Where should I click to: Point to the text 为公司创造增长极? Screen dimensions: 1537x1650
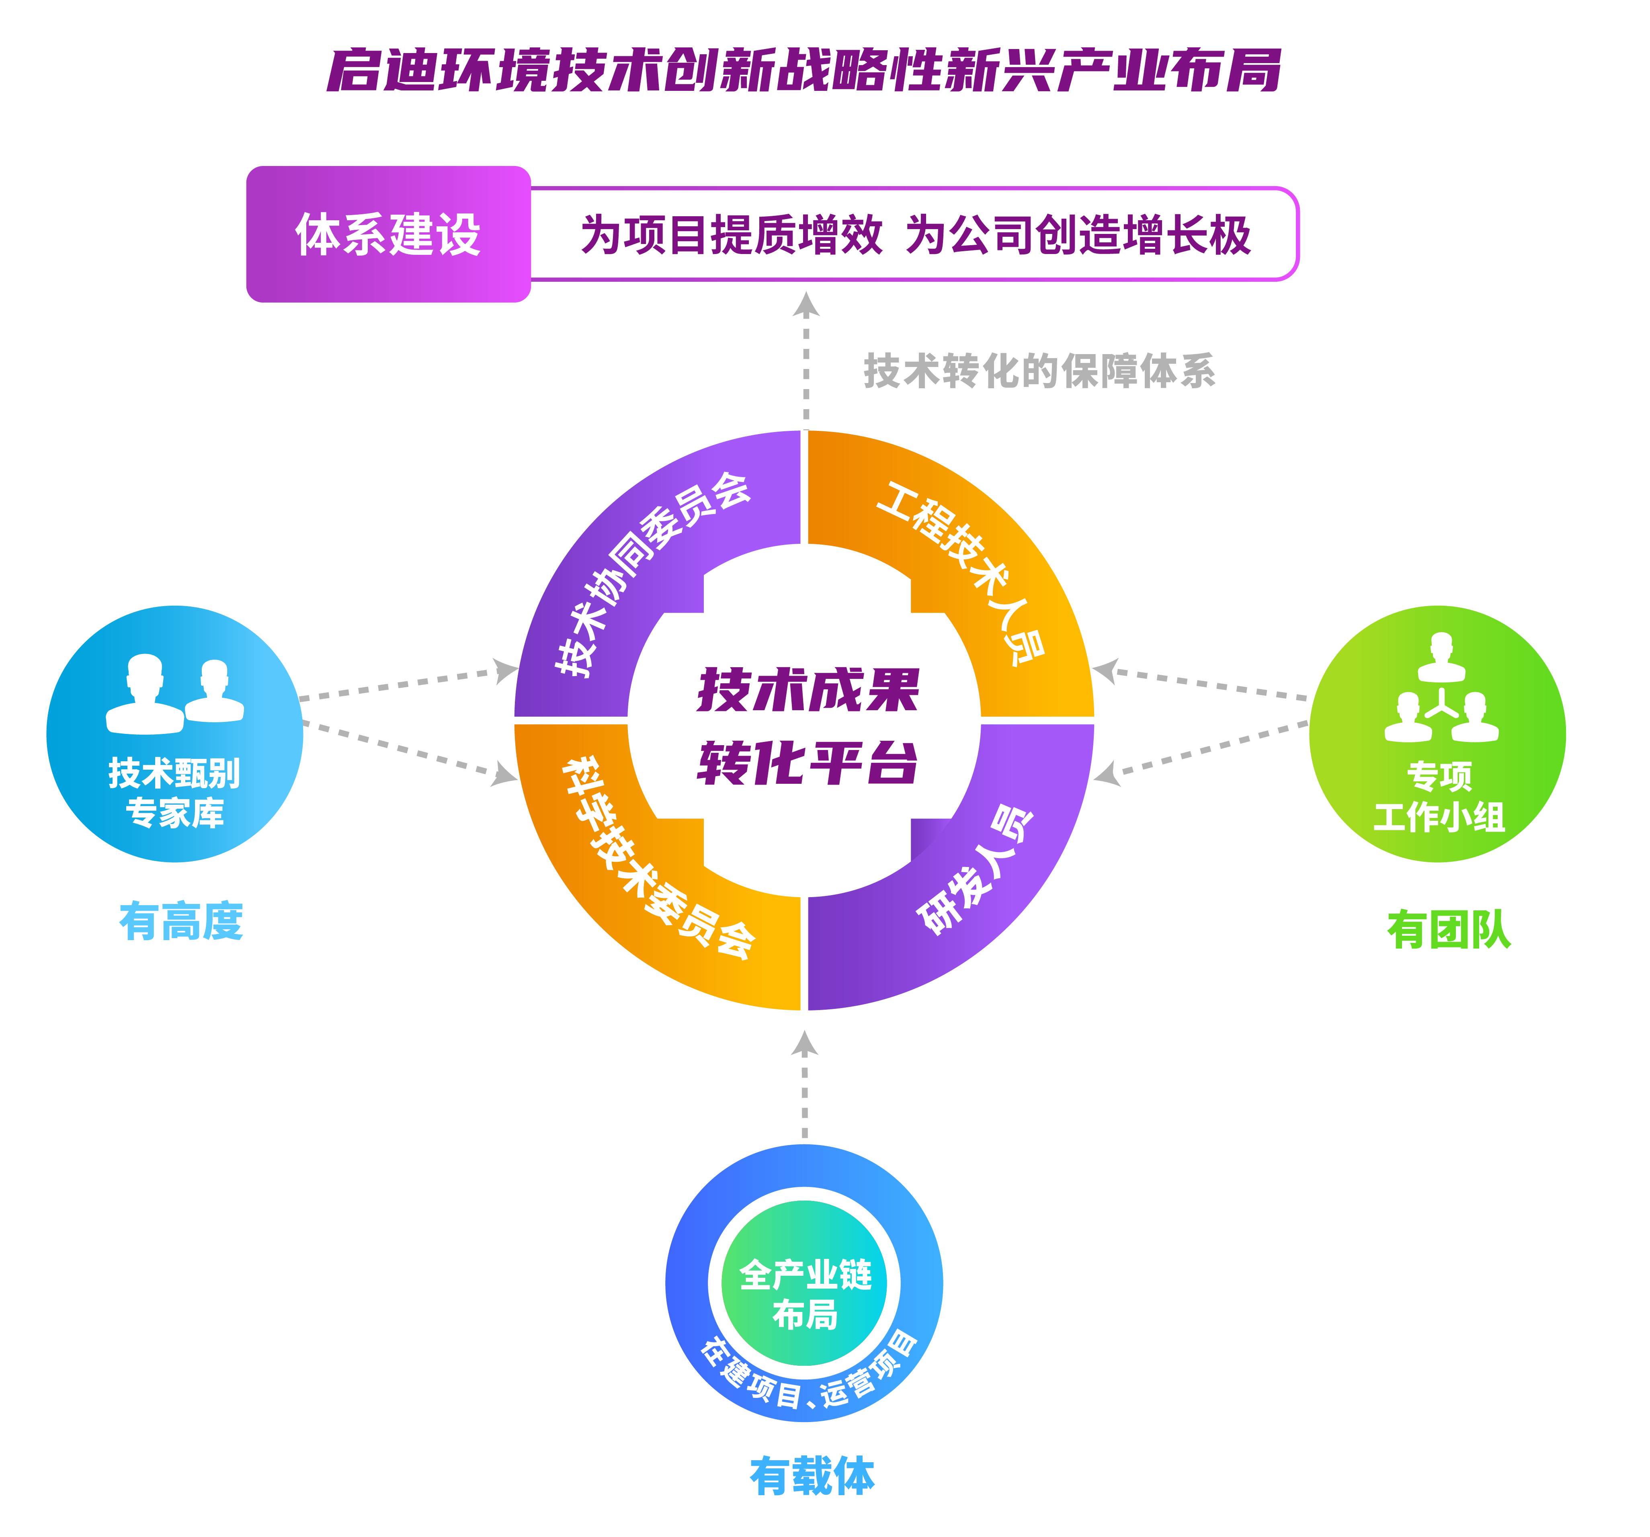tap(1077, 235)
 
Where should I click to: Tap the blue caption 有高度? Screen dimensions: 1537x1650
tap(181, 921)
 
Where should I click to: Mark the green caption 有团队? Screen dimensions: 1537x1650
tap(1449, 930)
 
